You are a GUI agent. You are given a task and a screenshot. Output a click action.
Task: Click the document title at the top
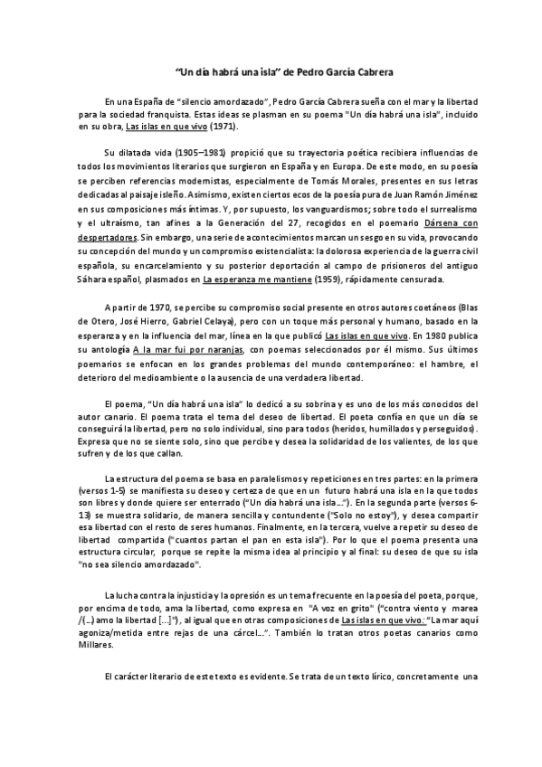point(271,69)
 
